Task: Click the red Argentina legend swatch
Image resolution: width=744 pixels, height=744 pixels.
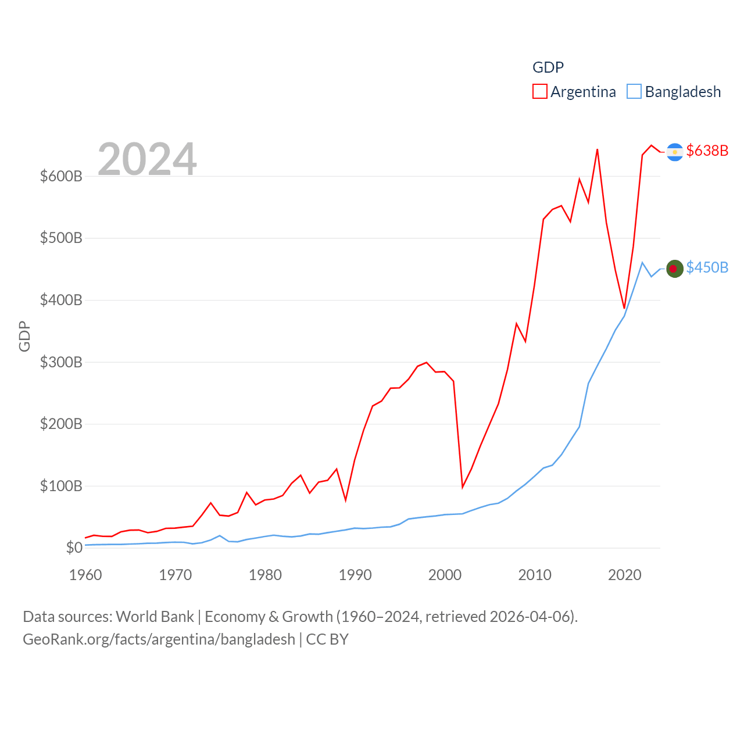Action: coord(539,92)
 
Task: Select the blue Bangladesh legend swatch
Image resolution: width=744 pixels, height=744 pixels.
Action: coord(634,92)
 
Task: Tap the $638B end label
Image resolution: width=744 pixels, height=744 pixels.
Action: coord(707,151)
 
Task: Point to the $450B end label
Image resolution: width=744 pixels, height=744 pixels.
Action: coord(707,267)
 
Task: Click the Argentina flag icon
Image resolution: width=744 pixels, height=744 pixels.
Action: coord(674,152)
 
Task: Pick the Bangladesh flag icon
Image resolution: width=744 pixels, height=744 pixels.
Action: coord(674,269)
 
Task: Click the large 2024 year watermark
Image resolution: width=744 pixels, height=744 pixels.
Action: coord(147,159)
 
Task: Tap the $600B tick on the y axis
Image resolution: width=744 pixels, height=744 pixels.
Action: coord(61,176)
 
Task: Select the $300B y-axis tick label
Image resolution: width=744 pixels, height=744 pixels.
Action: coord(61,362)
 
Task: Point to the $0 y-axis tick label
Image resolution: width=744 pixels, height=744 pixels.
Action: coord(74,548)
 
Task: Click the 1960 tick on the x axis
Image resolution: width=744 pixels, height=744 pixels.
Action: coord(85,575)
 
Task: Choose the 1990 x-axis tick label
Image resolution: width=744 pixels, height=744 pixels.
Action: coord(355,575)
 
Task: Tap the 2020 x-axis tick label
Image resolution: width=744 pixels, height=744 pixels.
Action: coord(624,575)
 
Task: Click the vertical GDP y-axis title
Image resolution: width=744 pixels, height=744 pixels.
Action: coord(24,336)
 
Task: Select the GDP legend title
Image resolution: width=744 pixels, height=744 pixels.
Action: coord(548,67)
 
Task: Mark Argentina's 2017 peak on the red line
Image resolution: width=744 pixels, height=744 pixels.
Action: coord(597,150)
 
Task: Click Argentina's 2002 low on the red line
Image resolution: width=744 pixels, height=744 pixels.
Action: coord(463,487)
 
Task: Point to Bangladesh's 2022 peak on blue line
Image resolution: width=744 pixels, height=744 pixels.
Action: coord(642,263)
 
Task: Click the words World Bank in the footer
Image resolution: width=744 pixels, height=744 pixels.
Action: coord(155,616)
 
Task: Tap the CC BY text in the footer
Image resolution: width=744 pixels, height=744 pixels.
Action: coord(327,639)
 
